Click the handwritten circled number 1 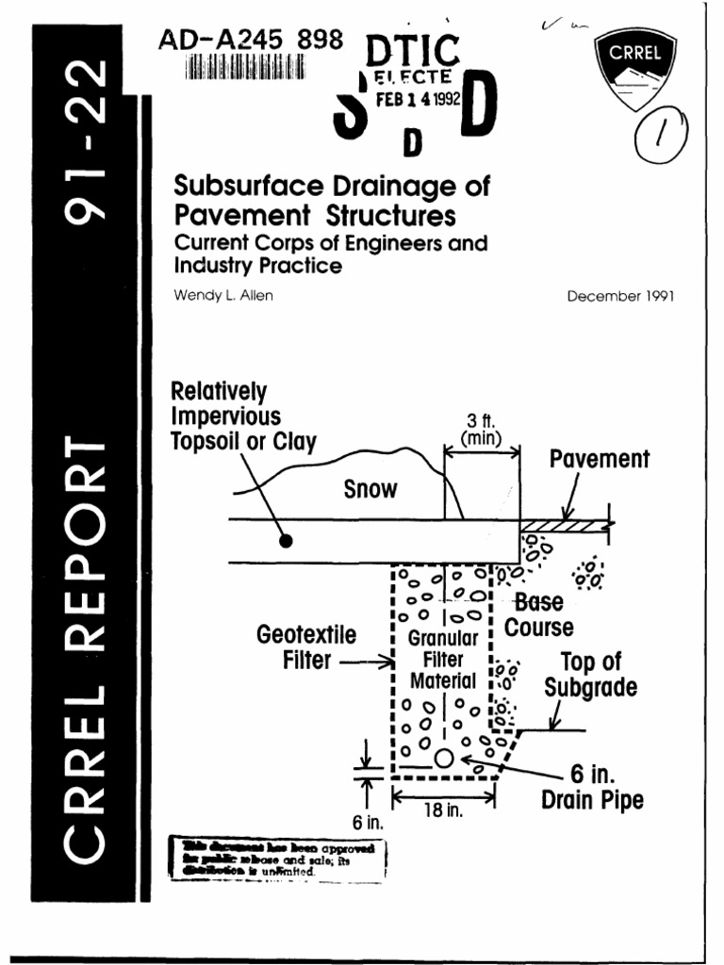660,139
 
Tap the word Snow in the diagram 370,490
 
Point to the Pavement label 600,460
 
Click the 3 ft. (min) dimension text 482,429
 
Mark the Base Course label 539,614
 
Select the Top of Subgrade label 590,675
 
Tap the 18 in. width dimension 443,810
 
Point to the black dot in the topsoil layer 287,541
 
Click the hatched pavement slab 566,524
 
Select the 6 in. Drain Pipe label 592,788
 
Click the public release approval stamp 281,859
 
